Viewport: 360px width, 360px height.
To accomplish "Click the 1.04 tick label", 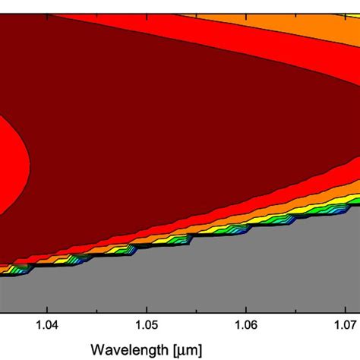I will [x=47, y=325].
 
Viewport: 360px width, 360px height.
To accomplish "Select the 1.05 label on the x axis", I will [x=146, y=325].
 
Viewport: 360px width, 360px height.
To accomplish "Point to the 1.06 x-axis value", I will [x=245, y=325].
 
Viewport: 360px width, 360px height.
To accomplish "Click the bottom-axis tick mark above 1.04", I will [x=47, y=308].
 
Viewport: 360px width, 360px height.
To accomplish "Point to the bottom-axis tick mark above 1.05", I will [x=146, y=308].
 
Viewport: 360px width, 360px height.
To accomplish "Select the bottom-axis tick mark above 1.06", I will [x=245, y=308].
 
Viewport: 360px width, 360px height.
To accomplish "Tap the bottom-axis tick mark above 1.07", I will [x=345, y=308].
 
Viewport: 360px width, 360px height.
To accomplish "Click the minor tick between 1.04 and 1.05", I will [x=96, y=309].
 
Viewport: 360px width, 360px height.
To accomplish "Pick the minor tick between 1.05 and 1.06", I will [x=196, y=309].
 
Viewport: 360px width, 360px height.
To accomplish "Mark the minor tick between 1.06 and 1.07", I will [x=295, y=309].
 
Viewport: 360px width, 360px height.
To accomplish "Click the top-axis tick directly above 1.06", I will [x=245, y=2].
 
